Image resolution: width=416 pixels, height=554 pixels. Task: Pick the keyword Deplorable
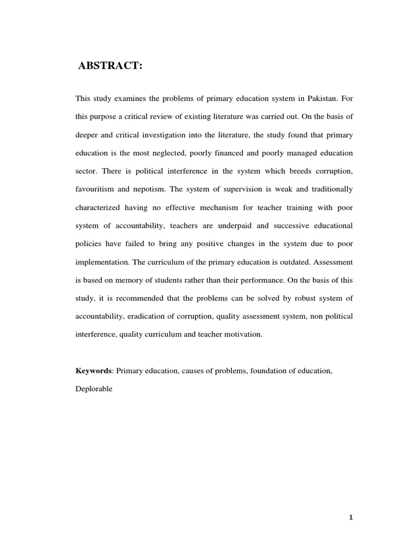pyautogui.click(x=94, y=388)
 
